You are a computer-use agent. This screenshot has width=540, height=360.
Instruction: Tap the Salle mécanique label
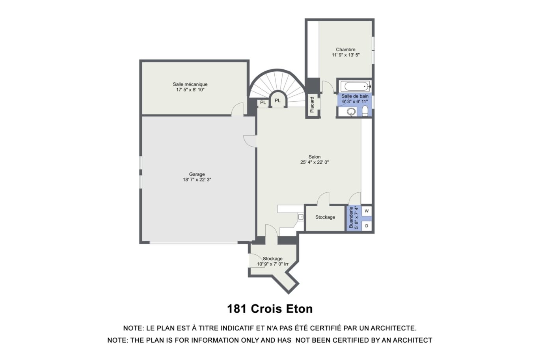point(190,84)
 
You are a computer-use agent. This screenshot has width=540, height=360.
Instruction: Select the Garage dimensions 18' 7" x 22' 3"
point(197,180)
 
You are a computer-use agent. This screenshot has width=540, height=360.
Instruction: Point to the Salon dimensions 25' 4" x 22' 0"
point(315,162)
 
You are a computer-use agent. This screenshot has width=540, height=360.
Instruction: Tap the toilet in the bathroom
point(365,111)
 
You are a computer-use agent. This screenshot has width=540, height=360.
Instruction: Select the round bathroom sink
point(351,112)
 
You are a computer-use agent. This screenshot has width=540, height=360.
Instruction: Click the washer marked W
point(367,211)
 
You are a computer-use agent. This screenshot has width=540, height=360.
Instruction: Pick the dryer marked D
point(367,226)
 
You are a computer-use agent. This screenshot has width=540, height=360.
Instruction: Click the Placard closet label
point(312,104)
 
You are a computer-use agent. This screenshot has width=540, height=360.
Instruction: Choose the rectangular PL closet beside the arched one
point(263,103)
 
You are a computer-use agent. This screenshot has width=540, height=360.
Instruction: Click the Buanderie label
point(351,217)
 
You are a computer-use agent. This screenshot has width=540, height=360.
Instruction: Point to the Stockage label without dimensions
point(325,217)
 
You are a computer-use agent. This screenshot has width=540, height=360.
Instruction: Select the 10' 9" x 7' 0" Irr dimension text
point(273,264)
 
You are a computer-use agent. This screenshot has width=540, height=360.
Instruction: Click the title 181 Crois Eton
point(270,309)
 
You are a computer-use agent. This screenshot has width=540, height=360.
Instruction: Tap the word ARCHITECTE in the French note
point(393,328)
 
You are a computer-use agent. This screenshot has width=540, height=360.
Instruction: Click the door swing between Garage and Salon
point(250,141)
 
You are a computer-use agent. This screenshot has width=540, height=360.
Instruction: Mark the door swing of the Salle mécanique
point(237,109)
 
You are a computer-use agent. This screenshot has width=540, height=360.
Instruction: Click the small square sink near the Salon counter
point(301,217)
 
